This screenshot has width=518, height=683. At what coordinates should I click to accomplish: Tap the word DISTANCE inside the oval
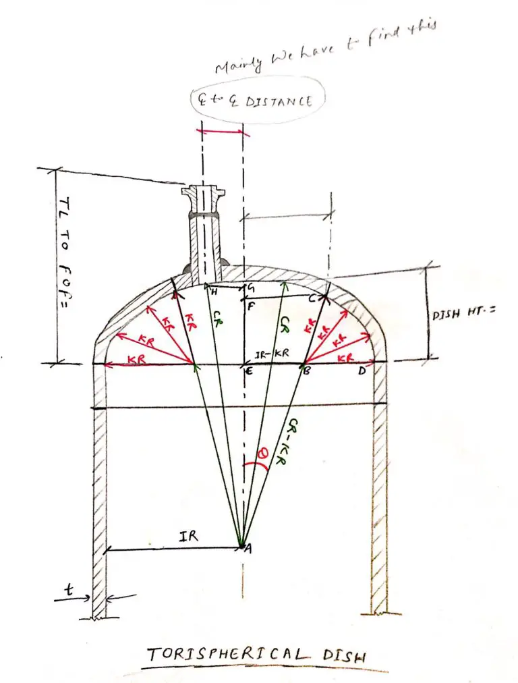[x=285, y=101]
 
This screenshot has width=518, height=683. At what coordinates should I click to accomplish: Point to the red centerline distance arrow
[x=221, y=130]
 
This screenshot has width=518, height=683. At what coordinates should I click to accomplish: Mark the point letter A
[x=248, y=549]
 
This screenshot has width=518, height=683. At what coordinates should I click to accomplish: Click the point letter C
[x=312, y=298]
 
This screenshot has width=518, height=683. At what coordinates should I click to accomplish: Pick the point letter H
[x=213, y=291]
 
